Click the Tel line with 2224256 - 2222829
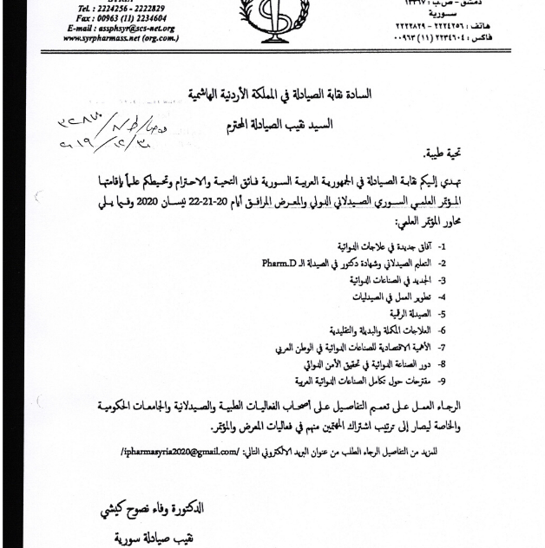click(121, 7)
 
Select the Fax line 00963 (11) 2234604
click(121, 17)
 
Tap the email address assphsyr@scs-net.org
click(121, 28)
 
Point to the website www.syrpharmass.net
click(121, 38)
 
